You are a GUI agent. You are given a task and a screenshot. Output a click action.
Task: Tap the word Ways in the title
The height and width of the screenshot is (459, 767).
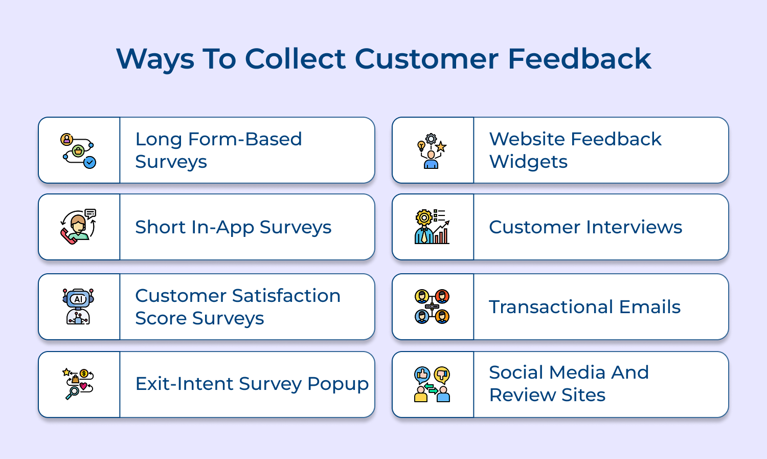(155, 59)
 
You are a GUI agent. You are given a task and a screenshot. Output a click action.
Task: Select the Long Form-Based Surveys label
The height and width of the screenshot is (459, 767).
(218, 150)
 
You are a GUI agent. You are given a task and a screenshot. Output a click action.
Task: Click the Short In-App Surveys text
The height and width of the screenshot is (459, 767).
(233, 227)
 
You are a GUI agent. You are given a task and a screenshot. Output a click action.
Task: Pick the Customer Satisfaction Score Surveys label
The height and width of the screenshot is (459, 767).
(238, 307)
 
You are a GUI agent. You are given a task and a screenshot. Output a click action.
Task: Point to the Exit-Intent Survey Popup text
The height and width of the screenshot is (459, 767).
(252, 384)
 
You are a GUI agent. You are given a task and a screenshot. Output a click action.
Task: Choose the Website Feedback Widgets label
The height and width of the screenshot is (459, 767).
(575, 150)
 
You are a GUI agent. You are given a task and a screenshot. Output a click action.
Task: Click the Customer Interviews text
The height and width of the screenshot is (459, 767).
(585, 227)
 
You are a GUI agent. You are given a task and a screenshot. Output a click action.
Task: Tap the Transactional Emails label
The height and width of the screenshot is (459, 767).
(584, 307)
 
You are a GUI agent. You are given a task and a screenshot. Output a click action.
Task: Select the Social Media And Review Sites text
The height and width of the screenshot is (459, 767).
(569, 383)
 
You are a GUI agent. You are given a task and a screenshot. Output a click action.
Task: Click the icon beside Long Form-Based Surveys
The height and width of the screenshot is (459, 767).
(78, 150)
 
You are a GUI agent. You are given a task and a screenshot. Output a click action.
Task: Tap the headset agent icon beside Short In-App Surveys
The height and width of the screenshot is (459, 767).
(78, 227)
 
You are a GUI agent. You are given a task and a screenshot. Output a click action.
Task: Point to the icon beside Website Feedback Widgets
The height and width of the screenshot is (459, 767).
(432, 150)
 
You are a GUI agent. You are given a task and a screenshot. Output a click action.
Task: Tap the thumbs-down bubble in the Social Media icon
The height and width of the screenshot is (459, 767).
(442, 375)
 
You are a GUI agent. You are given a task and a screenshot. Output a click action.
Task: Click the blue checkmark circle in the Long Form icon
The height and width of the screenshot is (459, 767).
(90, 163)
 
